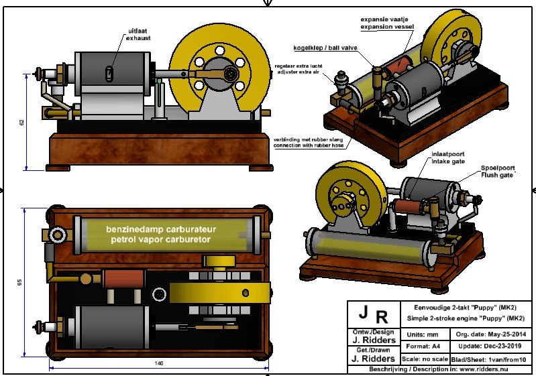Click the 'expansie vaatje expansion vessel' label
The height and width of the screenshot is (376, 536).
[387, 23]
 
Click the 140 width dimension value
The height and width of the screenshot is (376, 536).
[159, 364]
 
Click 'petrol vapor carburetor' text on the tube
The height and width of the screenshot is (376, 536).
[159, 239]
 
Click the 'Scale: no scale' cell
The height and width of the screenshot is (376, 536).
[427, 359]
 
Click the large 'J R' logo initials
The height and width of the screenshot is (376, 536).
[372, 314]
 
